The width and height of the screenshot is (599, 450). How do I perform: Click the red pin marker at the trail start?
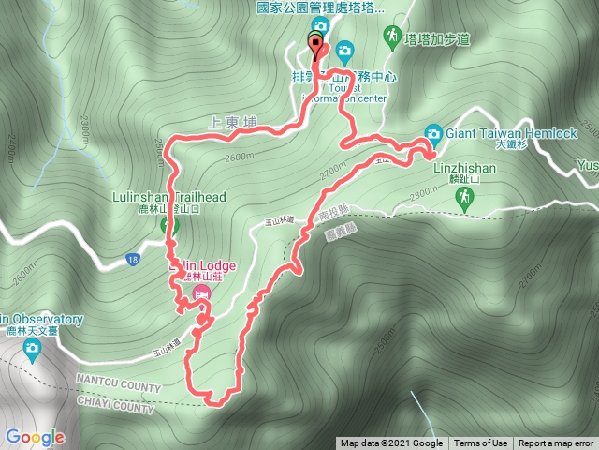point(315,46)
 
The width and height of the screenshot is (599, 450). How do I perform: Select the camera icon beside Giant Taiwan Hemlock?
point(433,132)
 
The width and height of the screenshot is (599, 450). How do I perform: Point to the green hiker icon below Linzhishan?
point(462,197)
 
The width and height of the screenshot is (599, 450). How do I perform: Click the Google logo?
point(35,437)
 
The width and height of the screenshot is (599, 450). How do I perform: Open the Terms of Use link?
point(481,443)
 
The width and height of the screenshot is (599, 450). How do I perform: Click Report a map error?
point(556,443)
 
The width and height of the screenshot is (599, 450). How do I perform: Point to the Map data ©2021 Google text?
point(391,443)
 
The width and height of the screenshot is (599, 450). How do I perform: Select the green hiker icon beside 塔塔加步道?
point(390,36)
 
